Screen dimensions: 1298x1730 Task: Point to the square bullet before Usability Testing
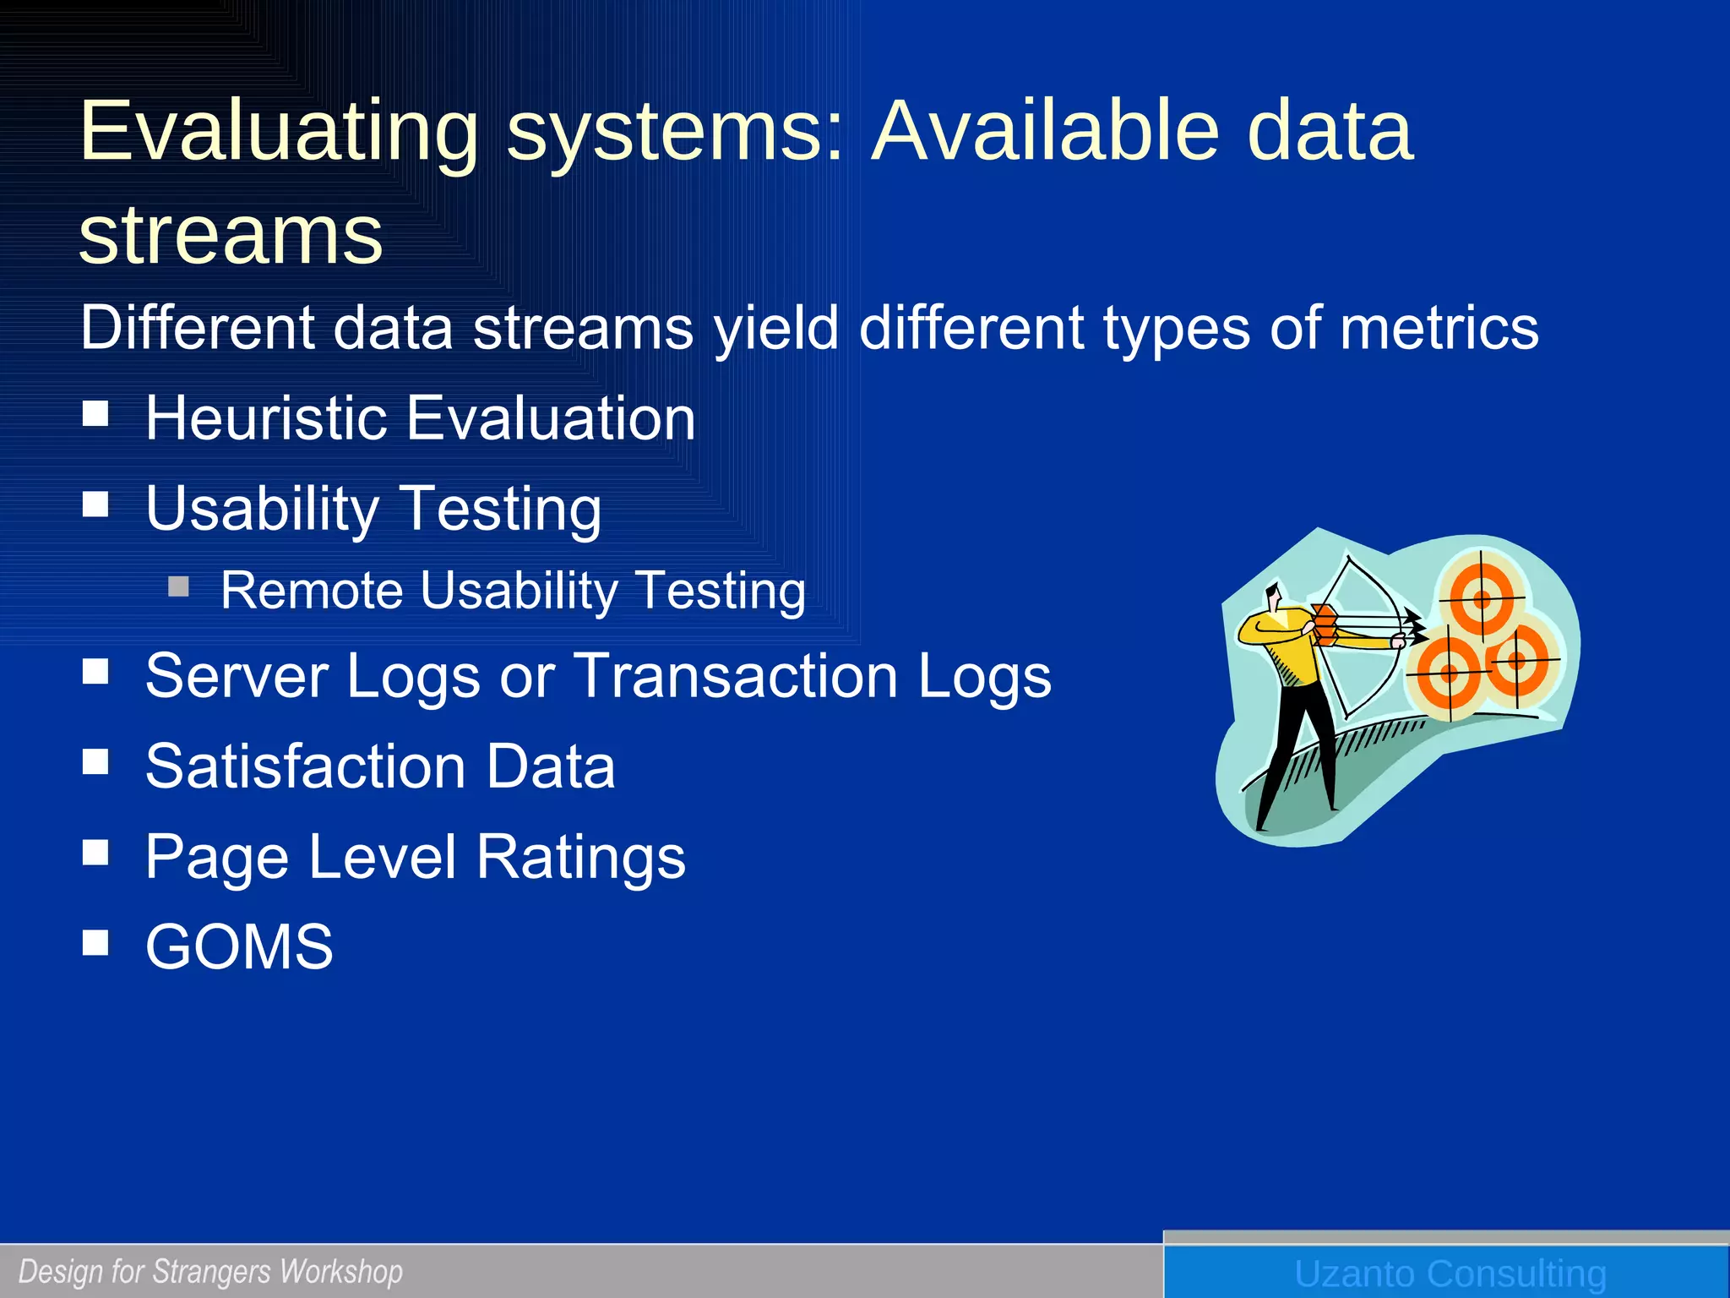[x=96, y=504]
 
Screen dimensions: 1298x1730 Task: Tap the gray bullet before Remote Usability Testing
[x=178, y=586]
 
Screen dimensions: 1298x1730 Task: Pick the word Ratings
[x=580, y=857]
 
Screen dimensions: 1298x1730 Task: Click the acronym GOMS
[x=239, y=946]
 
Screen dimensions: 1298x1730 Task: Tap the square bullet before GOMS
[x=96, y=942]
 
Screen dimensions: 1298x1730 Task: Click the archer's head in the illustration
[x=1273, y=597]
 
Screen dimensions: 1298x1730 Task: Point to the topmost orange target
[x=1482, y=598]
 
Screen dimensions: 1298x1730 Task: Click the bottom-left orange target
[x=1450, y=673]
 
